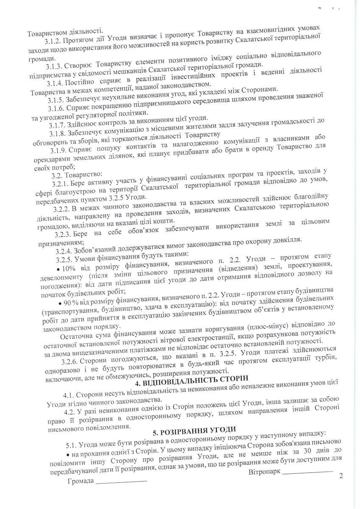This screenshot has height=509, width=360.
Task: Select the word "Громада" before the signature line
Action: pyautogui.click(x=80, y=483)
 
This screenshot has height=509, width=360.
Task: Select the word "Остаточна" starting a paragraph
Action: pyautogui.click(x=76, y=338)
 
